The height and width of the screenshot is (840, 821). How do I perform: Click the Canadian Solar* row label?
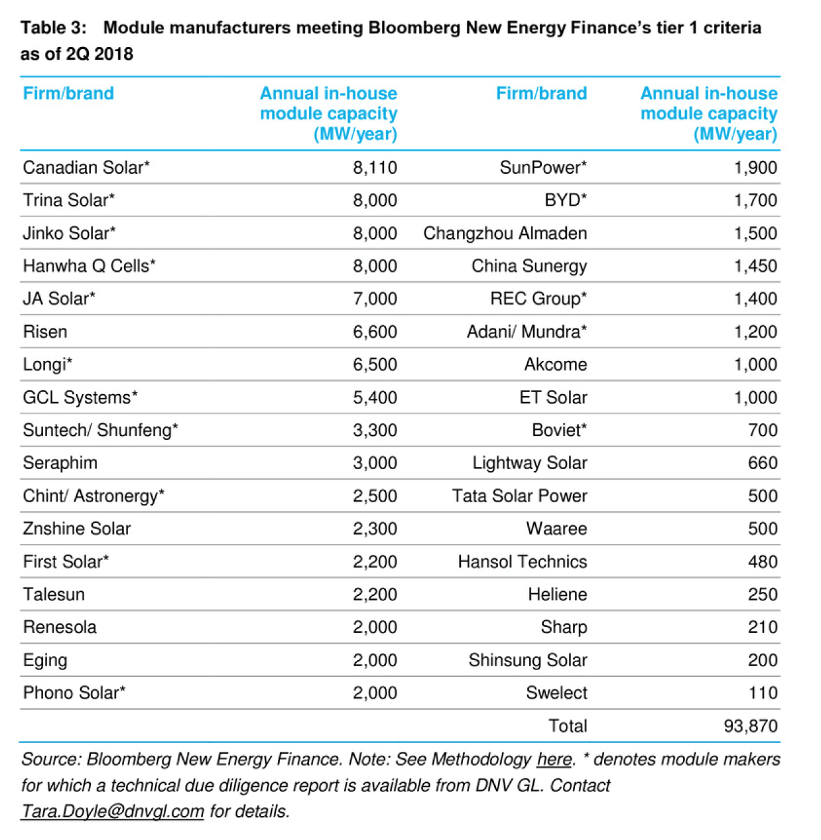[86, 167]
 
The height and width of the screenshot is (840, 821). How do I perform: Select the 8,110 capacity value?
[375, 167]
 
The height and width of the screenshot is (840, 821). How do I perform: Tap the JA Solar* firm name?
[59, 299]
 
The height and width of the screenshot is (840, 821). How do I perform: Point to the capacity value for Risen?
[375, 332]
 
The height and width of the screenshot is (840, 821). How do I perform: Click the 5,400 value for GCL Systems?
[375, 397]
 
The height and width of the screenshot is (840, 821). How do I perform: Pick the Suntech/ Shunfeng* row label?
[100, 430]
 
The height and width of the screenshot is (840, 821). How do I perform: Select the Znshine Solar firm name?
[77, 529]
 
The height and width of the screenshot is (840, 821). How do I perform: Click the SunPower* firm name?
[543, 167]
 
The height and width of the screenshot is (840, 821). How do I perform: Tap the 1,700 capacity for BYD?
[755, 200]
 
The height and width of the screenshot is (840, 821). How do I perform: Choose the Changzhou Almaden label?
[505, 234]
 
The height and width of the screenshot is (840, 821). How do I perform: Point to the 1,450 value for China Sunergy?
[755, 266]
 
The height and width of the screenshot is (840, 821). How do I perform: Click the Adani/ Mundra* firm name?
[527, 332]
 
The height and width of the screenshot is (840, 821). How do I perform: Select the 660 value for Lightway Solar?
[763, 463]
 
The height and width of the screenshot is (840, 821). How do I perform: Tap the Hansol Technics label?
[522, 562]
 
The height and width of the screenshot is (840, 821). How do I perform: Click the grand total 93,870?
[750, 726]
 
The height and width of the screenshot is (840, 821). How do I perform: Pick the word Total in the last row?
[568, 726]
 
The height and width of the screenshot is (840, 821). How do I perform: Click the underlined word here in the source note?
[554, 759]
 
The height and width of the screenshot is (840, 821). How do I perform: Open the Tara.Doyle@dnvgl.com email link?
[112, 811]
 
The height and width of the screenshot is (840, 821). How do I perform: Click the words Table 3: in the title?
[54, 28]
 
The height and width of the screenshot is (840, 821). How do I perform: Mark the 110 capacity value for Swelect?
[763, 693]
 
